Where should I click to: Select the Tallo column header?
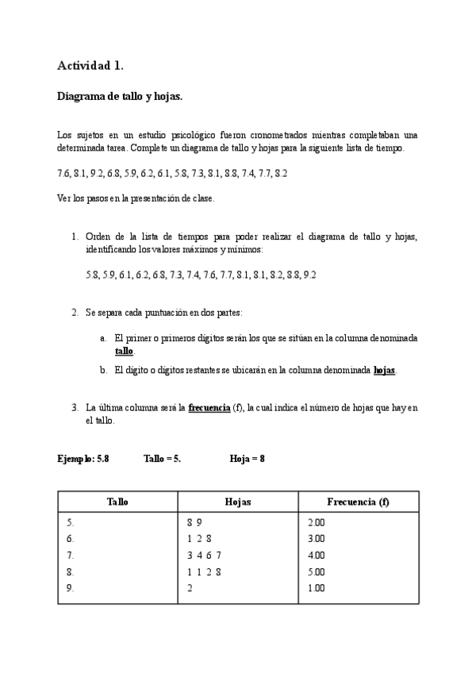point(117,502)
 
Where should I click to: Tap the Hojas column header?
point(238,502)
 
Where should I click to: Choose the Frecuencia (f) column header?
point(358,502)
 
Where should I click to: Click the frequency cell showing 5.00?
point(316,571)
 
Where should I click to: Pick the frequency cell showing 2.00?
point(316,522)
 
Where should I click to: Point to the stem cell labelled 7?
point(71,556)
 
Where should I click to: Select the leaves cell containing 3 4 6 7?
point(204,556)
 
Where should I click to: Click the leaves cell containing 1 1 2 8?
point(204,571)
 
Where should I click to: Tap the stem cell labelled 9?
point(71,588)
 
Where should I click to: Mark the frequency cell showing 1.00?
point(316,588)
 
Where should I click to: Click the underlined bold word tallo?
point(124,351)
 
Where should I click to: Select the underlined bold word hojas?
point(384,370)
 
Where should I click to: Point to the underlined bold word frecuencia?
point(209,408)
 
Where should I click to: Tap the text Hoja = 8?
point(247,459)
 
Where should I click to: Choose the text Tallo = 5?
point(162,459)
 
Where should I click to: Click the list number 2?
point(75,313)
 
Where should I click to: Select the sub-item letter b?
point(103,370)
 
